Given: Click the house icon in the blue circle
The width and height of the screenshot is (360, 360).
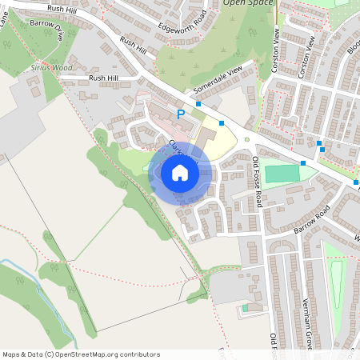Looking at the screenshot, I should pos(179,173).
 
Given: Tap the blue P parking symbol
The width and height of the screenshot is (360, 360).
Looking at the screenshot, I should pos(181,115).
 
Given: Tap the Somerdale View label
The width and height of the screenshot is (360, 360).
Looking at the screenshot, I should pos(217,82).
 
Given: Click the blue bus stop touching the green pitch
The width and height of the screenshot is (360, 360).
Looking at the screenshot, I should pos(303,162).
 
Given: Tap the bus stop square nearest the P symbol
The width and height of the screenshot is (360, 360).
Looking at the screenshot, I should pos(198,104).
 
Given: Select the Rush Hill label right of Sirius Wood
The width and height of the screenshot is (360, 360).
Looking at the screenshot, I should pos(103,78).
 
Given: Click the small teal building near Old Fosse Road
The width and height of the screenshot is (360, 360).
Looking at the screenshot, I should pos(246,307).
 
